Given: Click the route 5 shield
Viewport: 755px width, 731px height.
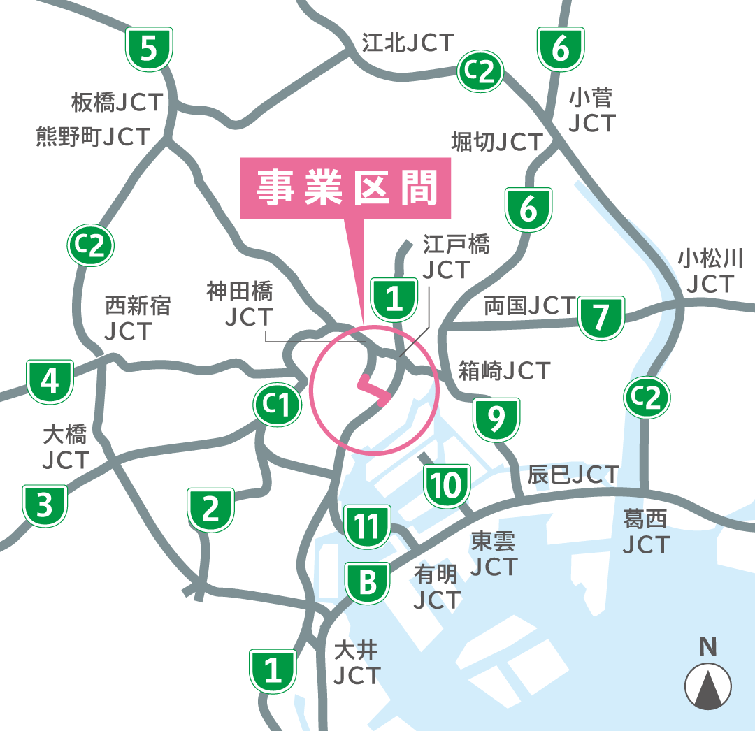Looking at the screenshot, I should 149,50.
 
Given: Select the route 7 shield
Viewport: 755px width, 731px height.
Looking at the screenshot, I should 601,317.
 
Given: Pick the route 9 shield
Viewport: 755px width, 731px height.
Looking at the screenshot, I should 496,419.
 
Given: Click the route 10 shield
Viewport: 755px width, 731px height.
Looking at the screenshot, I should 445,485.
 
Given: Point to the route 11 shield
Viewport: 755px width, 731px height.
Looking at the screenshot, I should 367,526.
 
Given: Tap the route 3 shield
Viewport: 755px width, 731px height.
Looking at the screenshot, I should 45,505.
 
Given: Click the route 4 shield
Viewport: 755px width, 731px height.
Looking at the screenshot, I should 50,382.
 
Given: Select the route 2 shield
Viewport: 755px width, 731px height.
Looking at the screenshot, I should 210,509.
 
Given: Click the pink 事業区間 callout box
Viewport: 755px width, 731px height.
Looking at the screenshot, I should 346,187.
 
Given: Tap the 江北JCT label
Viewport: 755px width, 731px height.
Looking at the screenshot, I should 408,43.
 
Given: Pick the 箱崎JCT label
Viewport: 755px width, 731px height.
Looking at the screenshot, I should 504,370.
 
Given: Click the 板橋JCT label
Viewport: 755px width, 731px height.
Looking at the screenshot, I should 117,103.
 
